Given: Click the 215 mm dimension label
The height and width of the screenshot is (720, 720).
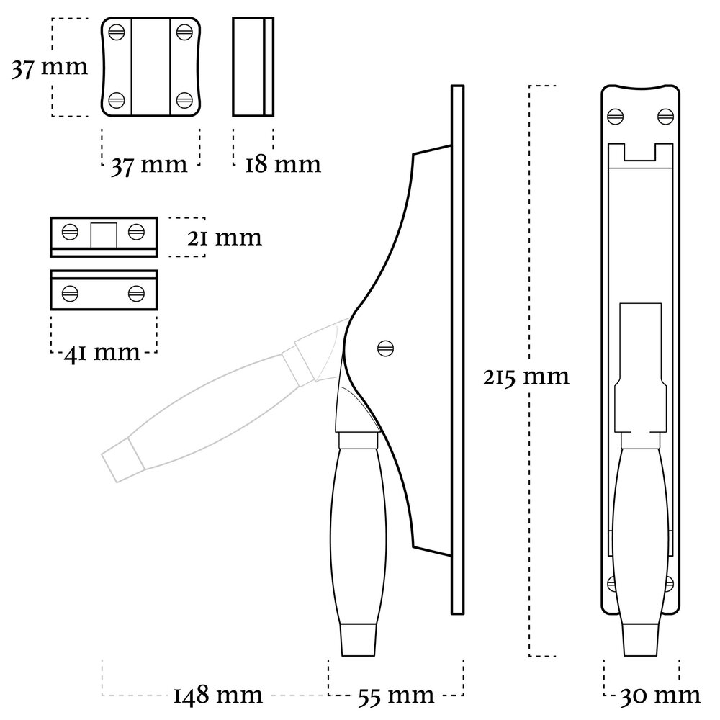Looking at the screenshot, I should pyautogui.click(x=526, y=376).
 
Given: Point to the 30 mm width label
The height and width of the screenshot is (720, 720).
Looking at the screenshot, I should pyautogui.click(x=661, y=695).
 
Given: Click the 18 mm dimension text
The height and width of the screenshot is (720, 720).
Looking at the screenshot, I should pyautogui.click(x=282, y=164).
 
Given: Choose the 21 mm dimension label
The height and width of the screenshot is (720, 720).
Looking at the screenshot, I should pyautogui.click(x=223, y=237).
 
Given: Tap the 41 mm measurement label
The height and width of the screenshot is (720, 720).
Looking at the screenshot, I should pyautogui.click(x=102, y=352).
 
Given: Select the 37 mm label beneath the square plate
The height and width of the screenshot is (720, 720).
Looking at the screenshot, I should pyautogui.click(x=148, y=164).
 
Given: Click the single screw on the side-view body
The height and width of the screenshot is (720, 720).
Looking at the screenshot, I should pyautogui.click(x=386, y=348).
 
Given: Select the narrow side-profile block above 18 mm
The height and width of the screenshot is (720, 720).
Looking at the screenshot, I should pyautogui.click(x=253, y=66).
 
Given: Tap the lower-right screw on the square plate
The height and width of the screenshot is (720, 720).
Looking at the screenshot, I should pyautogui.click(x=184, y=99).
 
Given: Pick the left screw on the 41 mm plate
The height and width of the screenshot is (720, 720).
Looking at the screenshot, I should pyautogui.click(x=70, y=293).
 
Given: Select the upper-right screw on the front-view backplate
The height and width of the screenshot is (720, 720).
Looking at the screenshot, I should pyautogui.click(x=665, y=114).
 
